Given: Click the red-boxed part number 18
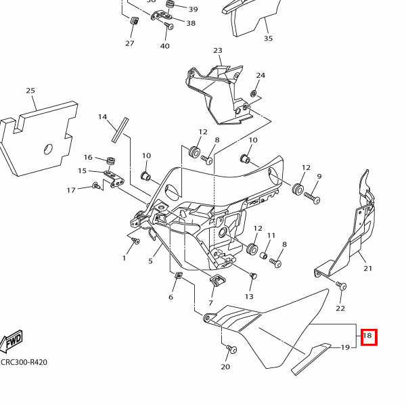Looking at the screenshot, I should pos(368,336).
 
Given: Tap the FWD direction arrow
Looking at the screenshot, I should pos(13,342).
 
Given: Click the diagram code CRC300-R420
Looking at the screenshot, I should pos(24,362).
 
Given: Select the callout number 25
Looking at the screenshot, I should pos(30,91).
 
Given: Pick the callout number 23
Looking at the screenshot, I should pos(218,51).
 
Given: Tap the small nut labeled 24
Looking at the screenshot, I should pos(254,93).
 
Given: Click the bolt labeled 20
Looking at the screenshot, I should pos(231,350).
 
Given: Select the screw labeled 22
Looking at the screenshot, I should pos(342,286).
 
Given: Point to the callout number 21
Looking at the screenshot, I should pos(368,269).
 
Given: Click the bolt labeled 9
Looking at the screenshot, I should pos(313,198).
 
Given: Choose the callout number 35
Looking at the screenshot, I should pos(268,39).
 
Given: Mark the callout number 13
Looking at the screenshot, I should pos(249,296).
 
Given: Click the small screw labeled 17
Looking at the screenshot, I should pos(95,185).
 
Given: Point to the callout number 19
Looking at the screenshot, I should pos(345,348).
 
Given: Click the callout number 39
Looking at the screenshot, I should pos(193,9).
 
